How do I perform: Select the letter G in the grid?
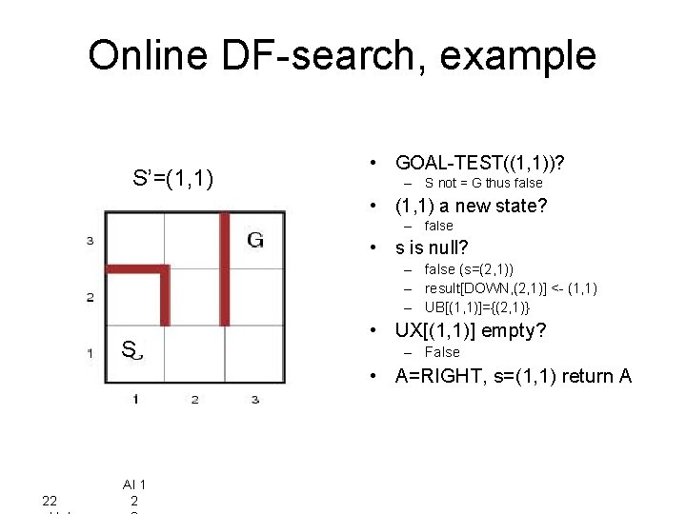point(255,240)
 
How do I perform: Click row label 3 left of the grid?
point(90,241)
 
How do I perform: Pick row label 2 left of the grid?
point(90,297)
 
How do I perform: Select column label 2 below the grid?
point(194,399)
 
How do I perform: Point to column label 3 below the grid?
point(254,399)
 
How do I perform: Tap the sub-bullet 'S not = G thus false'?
point(483,183)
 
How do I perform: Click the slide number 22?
point(50,501)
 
